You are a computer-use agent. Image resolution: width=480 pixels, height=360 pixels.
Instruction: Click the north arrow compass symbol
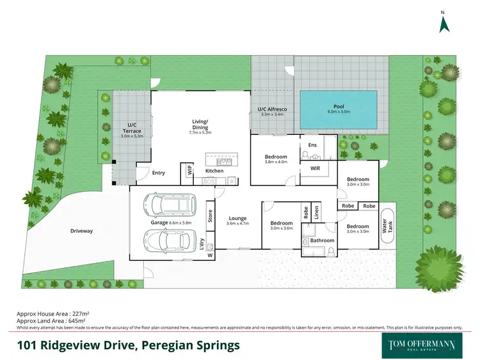[444, 23]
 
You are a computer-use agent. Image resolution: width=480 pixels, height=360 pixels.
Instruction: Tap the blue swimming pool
[339, 109]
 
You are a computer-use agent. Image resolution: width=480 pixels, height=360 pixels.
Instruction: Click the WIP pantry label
[190, 171]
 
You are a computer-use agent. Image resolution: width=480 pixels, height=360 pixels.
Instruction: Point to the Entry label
[158, 173]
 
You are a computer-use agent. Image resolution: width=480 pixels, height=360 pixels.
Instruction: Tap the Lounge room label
[238, 217]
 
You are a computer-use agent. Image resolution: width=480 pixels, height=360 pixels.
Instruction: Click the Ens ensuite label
[312, 145]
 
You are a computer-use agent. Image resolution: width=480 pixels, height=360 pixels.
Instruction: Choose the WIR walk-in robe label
[315, 169]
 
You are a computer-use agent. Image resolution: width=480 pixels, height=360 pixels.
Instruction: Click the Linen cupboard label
[316, 212]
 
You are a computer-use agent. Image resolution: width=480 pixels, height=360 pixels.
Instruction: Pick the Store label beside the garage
[209, 216]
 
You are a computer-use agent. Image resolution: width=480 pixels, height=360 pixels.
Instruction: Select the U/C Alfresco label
[272, 110]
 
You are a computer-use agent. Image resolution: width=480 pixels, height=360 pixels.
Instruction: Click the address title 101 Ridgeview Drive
[128, 345]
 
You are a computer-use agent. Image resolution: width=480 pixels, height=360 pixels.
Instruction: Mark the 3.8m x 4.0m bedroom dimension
[276, 162]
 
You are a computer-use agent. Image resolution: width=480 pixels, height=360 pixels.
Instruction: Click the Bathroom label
[322, 240]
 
